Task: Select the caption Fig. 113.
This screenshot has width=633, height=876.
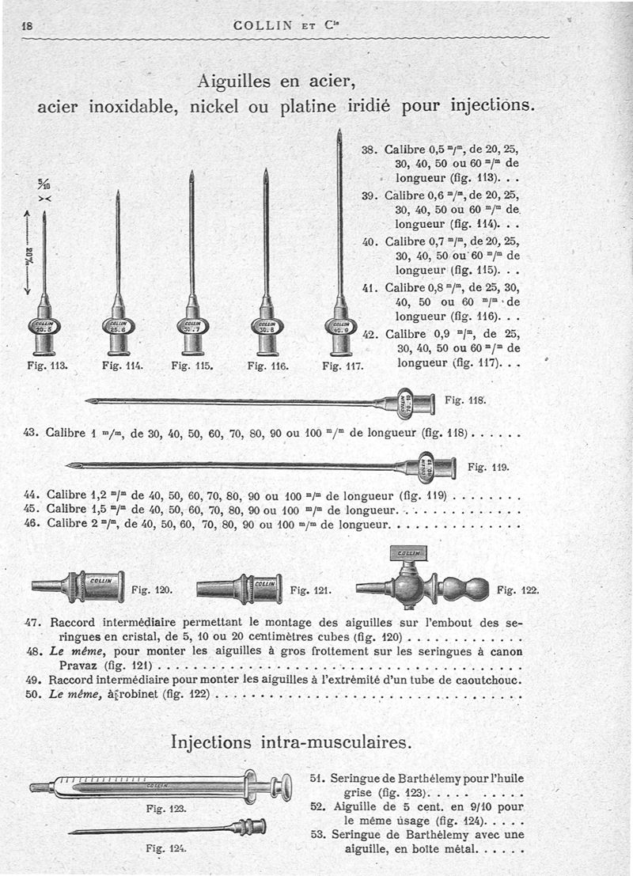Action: click(47, 366)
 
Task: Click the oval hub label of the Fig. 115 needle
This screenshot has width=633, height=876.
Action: click(191, 326)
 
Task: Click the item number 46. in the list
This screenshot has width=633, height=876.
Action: click(34, 524)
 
